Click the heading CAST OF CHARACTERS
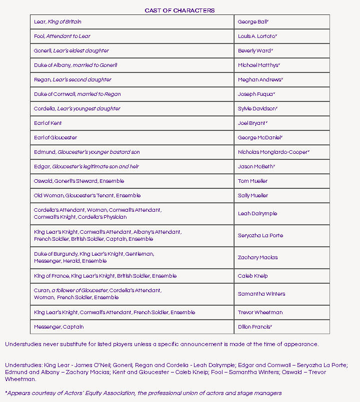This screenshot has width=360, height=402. pos(179,10)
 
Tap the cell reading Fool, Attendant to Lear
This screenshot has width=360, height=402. pos(62,36)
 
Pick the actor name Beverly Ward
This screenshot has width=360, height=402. pos(255,51)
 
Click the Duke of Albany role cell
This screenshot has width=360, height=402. pos(75,65)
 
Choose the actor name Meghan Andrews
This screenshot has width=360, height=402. pos(260,80)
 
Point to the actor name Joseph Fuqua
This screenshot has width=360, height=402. pos(256,94)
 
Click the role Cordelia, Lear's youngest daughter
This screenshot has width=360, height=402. pos(77,109)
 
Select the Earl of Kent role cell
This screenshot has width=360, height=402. pos(48,123)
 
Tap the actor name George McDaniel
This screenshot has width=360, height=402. pos(260,138)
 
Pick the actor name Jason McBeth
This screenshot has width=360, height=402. pos(256,167)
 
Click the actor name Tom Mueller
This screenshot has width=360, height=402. pos(252,181)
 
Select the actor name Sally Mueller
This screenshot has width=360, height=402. pos(253,196)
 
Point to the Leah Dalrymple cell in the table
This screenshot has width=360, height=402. pos(257,214)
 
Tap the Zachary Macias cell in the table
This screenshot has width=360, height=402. pos(258,258)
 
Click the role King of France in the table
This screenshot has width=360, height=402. pos(52,276)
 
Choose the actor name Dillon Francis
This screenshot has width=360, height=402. pos(254,327)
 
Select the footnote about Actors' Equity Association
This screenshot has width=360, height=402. pos(143,393)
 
